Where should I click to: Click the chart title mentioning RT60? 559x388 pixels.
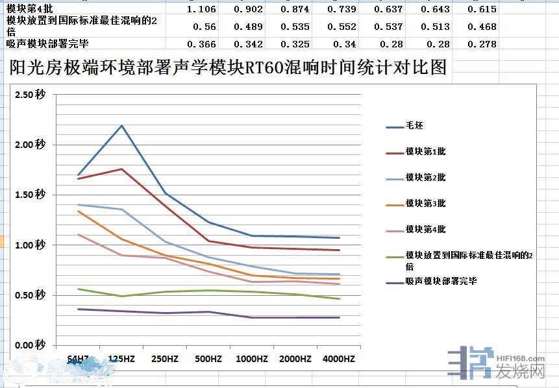point(228,68)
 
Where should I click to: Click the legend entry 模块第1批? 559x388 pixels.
point(425,152)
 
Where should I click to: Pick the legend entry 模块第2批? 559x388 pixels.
point(425,178)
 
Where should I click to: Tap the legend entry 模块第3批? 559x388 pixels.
point(425,204)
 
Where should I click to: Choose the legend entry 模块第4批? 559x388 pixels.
point(425,230)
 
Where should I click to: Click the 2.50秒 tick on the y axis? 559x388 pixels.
point(31,95)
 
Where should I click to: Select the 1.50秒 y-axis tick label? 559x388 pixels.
point(31,195)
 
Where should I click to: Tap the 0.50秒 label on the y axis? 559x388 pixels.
point(31,295)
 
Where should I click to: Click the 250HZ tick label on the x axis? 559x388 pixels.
point(165,359)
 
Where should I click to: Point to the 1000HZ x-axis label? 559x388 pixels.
point(252,359)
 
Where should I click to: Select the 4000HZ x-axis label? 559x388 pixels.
point(339,359)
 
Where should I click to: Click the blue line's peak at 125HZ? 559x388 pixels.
point(122,125)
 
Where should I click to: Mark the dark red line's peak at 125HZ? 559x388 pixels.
point(122,169)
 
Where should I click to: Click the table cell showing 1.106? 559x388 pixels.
point(201,9)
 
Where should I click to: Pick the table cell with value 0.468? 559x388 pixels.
point(484,27)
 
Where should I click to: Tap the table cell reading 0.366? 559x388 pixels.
point(201,44)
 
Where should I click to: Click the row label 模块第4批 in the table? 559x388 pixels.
point(25,9)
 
